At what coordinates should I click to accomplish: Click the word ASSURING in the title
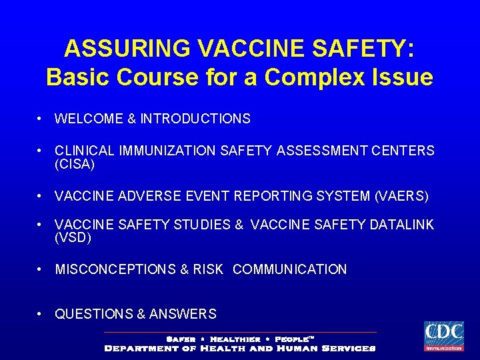coord(117,49)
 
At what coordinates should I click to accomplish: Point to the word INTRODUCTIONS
coord(195,119)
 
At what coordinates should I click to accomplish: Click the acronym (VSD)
coord(73,237)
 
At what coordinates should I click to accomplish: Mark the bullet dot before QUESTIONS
coord(41,314)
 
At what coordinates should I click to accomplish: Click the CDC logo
coord(443,336)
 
